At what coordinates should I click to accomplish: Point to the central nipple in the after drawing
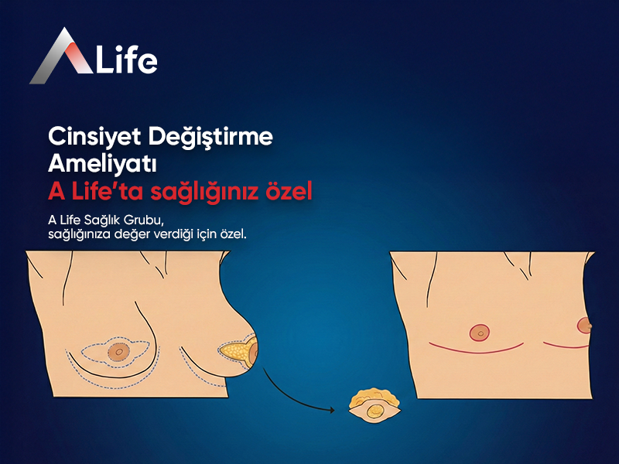tap(480, 333)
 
